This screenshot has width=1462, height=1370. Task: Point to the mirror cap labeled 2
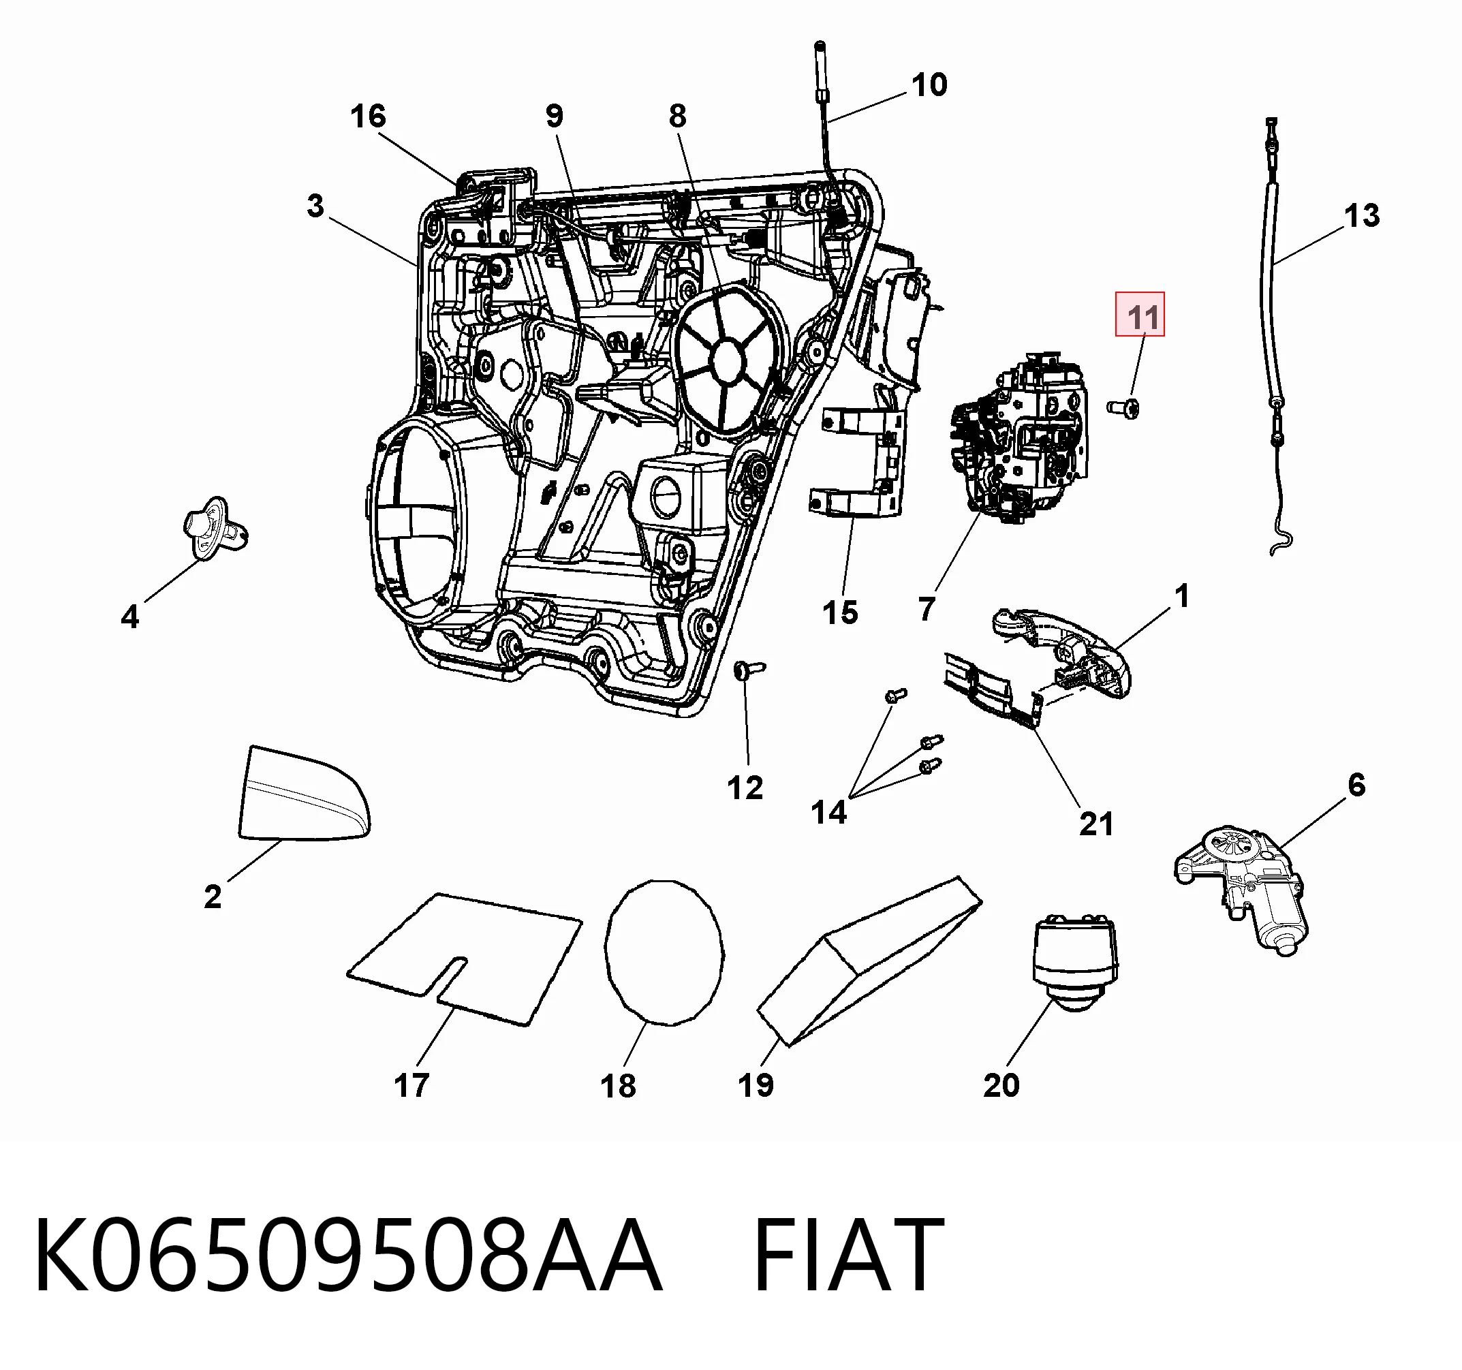(x=304, y=795)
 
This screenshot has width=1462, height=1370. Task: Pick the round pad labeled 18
(x=664, y=952)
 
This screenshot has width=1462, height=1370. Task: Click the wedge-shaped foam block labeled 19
(x=869, y=960)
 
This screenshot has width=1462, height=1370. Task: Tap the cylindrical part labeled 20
(x=1075, y=963)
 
